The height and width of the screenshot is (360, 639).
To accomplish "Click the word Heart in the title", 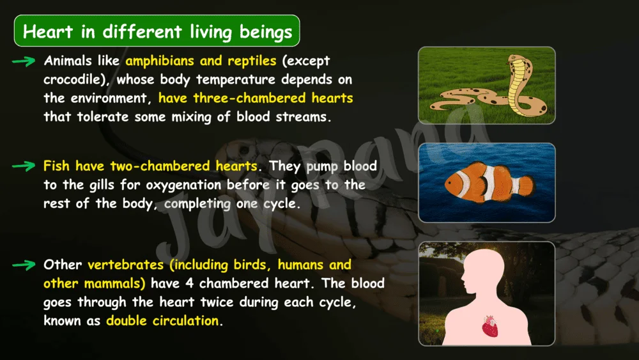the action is point(48,32).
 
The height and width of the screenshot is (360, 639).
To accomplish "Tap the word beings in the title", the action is point(266,33).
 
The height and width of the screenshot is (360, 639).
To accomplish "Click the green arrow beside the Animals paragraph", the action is point(24,61).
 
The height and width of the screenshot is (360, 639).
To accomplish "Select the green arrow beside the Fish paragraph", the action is point(24,166).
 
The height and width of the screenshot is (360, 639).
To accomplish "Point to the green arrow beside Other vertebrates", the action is point(24,265).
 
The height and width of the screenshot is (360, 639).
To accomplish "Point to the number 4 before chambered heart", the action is point(189,283).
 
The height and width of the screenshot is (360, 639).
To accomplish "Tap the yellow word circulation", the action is point(185,321).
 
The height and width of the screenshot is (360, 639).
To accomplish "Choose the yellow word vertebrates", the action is point(125,265).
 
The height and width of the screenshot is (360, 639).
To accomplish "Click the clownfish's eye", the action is point(450,183).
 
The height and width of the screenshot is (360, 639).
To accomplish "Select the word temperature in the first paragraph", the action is point(236,79).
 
